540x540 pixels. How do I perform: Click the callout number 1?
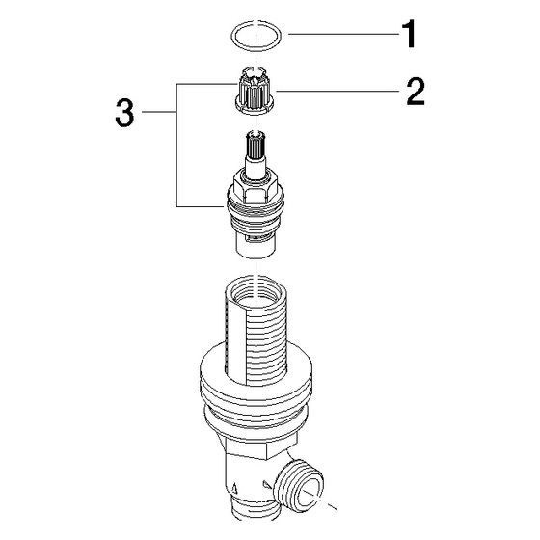pyautogui.click(x=409, y=34)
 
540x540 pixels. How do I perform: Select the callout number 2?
pyautogui.click(x=416, y=92)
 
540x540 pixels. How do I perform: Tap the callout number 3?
pyautogui.click(x=124, y=112)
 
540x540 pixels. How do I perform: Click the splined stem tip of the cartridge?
pyautogui.click(x=256, y=144)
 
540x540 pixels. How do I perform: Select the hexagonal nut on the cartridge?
pyautogui.click(x=256, y=188)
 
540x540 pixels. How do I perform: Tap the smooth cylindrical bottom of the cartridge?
pyautogui.click(x=256, y=246)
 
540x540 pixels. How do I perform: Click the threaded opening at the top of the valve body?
pyautogui.click(x=255, y=291)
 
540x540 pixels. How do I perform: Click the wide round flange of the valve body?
pyautogui.click(x=256, y=390)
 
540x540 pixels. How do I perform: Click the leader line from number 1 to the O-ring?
pyautogui.click(x=343, y=34)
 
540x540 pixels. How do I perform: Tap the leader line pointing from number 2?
pyautogui.click(x=337, y=92)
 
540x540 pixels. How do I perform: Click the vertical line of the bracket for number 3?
pyautogui.click(x=176, y=145)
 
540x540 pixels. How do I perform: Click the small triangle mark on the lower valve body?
pyautogui.click(x=235, y=488)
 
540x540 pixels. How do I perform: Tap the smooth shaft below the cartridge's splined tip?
pyautogui.click(x=256, y=166)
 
